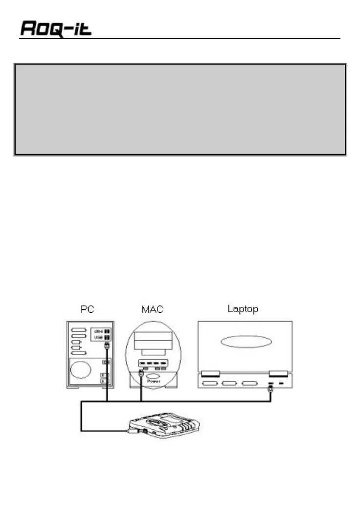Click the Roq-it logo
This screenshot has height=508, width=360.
coord(56,29)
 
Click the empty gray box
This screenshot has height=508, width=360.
coord(180,109)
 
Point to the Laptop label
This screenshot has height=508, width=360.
coord(243,310)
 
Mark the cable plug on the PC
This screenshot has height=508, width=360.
coord(106,346)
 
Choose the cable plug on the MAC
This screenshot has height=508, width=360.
coord(141,373)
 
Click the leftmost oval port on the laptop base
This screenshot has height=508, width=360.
coord(210,383)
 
